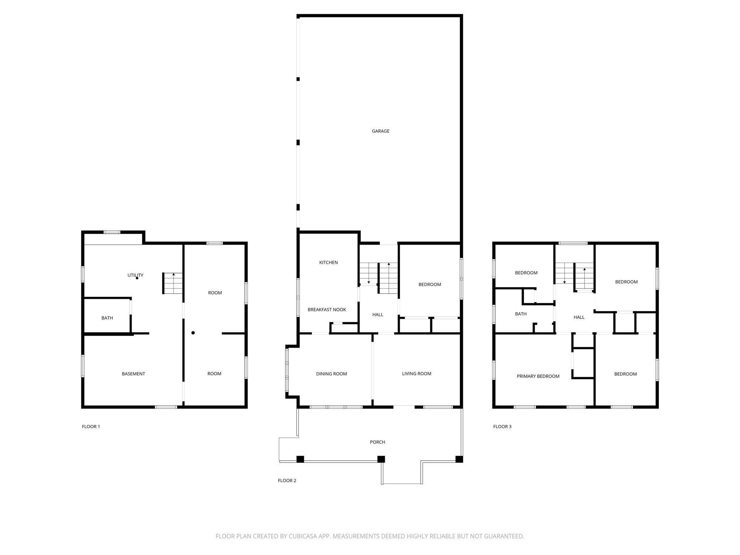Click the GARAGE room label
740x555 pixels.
380,131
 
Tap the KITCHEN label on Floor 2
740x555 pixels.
328,262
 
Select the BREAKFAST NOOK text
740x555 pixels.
327,310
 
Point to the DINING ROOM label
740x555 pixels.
331,374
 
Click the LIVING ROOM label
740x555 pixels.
417,374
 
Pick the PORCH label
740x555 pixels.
377,442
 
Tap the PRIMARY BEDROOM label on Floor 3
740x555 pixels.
538,376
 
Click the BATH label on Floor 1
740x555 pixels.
107,318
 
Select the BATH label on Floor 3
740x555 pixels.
521,314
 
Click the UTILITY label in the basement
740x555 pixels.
135,275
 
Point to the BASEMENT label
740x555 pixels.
133,374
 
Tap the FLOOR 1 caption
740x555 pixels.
91,426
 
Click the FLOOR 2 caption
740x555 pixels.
287,481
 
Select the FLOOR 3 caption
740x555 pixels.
502,426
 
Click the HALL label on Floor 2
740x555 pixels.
378,315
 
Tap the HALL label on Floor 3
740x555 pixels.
579,317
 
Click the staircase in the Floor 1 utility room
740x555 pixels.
173,284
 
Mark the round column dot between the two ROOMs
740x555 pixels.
193,333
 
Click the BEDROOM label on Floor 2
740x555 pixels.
430,284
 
